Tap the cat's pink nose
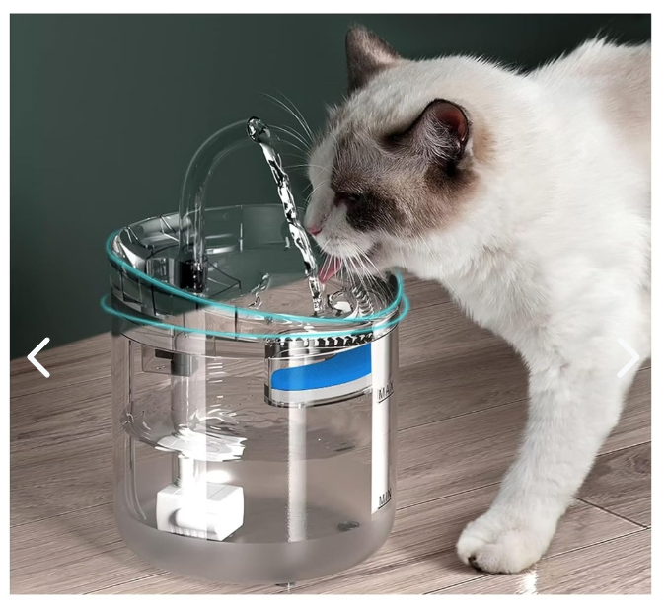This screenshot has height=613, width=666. tap(314, 230)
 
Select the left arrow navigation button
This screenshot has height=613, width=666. tap(38, 357)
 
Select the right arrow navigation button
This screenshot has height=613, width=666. tap(629, 357)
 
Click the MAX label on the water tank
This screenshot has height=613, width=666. tap(386, 392)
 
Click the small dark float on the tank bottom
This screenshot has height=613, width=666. tap(348, 527)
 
